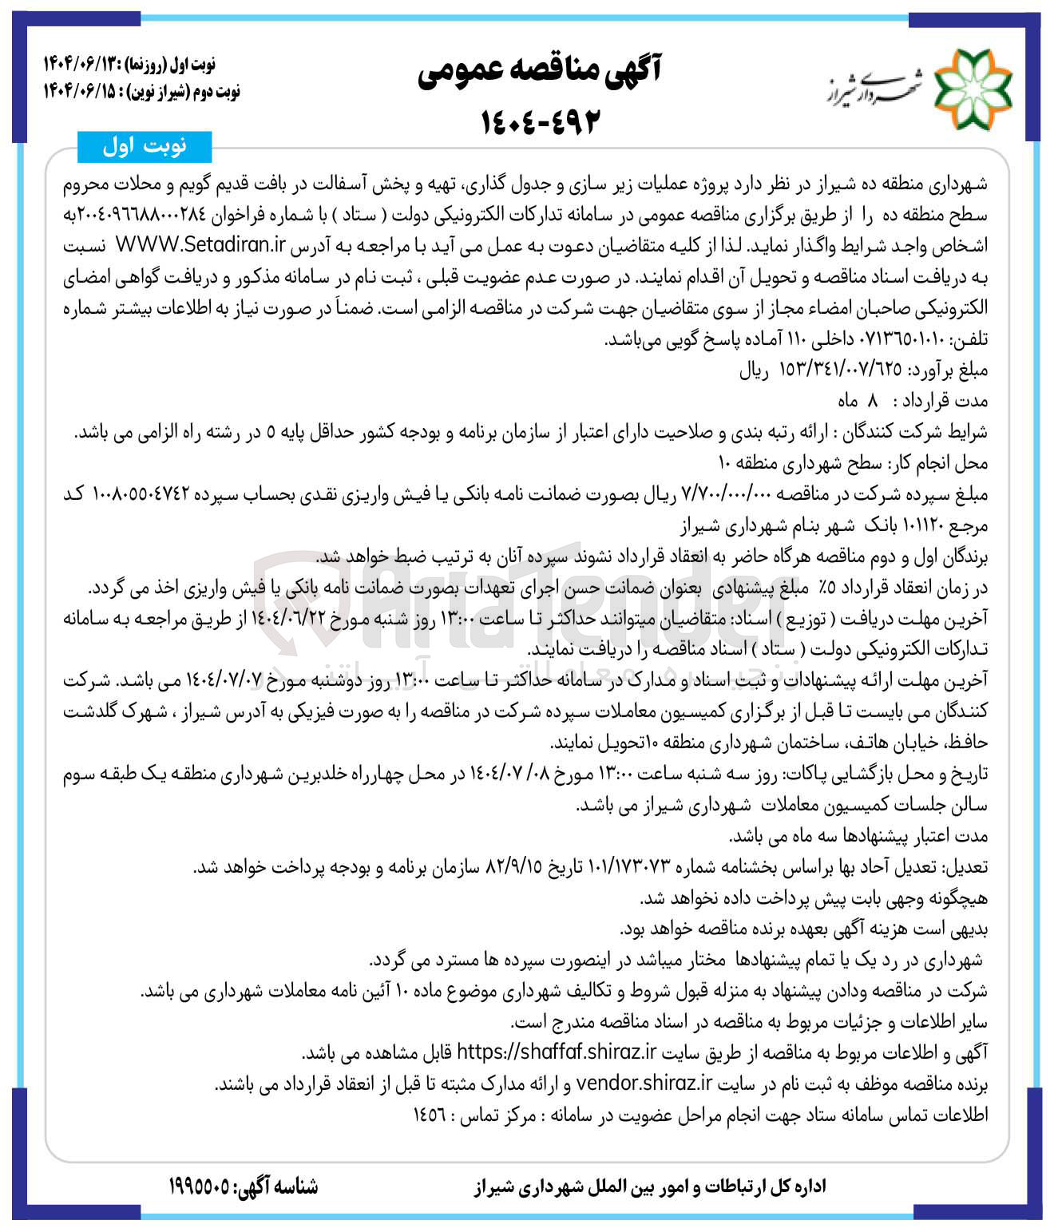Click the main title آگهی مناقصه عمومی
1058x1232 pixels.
(x=539, y=73)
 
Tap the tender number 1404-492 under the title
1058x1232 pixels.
(x=540, y=121)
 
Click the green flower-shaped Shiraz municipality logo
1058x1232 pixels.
(x=973, y=87)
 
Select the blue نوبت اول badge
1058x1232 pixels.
(x=145, y=147)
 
